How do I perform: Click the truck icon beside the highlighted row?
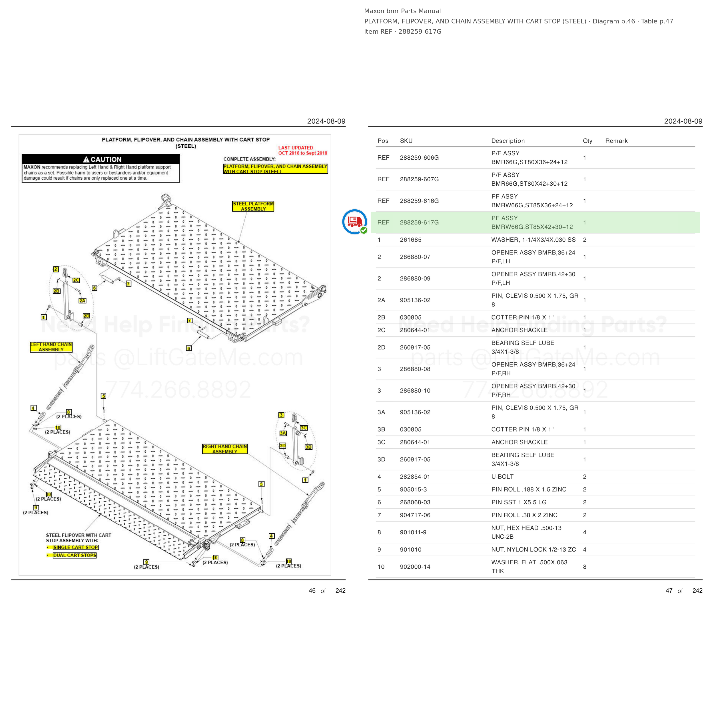click(x=354, y=222)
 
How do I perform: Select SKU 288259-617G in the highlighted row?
click(x=419, y=222)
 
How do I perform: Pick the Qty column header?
click(x=587, y=141)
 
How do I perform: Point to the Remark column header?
click(x=616, y=141)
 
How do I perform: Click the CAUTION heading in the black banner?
click(x=102, y=159)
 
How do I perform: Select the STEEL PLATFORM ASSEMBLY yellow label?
click(x=253, y=206)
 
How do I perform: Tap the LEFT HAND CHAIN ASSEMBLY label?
click(x=51, y=347)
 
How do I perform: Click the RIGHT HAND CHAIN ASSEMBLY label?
click(x=225, y=449)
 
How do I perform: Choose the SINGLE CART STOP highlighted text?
click(x=76, y=547)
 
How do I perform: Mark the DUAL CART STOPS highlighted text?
click(x=75, y=555)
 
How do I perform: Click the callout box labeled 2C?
click(x=76, y=280)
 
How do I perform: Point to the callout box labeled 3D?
click(x=283, y=446)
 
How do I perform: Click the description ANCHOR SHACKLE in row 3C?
click(x=519, y=442)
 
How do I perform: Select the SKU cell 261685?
click(x=411, y=240)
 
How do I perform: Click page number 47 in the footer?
click(x=669, y=591)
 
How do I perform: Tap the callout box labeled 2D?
click(x=87, y=316)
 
